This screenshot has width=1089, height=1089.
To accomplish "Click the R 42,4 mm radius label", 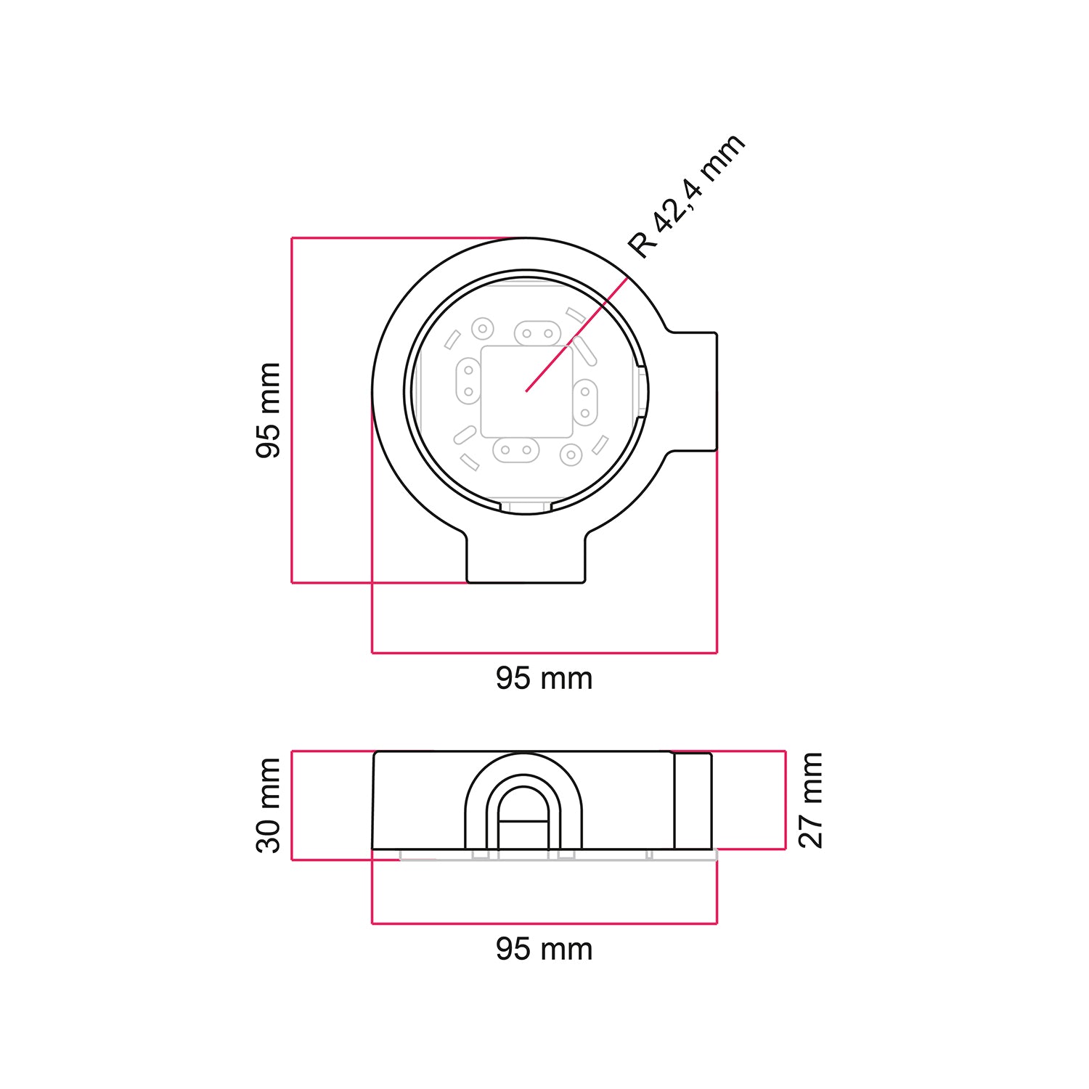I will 686,195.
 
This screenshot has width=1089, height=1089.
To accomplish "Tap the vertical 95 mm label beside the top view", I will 269,410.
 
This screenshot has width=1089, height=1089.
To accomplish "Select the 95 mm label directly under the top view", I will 544,679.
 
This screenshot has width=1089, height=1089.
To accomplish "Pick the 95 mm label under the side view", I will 544,949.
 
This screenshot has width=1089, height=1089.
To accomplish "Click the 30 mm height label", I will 269,804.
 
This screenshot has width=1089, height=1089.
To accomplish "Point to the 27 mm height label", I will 810,800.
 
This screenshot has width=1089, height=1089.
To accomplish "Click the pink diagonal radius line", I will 577,335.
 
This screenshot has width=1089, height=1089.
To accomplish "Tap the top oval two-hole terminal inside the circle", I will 537,335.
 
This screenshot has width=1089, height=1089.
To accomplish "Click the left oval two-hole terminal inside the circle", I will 468,381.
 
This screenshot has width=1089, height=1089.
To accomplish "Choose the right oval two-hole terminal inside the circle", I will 584,402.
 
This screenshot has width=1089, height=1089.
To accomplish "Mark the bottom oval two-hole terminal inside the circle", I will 515,450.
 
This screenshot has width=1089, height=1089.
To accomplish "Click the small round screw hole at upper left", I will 482,329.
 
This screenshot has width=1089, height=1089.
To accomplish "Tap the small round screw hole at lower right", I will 571,454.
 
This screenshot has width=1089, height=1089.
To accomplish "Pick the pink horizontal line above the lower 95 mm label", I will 544,923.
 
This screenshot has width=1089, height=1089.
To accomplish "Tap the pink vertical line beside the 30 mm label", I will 292,805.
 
